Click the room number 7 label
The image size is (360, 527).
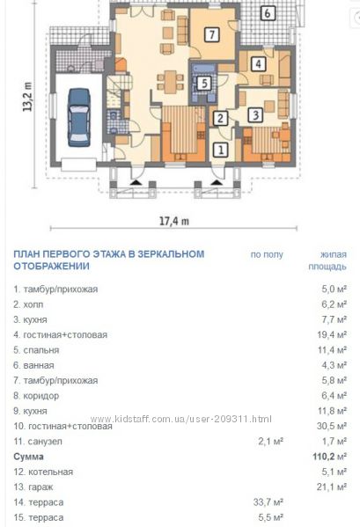(x=212, y=34)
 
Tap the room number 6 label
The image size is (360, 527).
(x=268, y=13)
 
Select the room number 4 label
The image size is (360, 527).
(x=258, y=64)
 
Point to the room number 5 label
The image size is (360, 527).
(x=204, y=83)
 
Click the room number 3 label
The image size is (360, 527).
(x=256, y=115)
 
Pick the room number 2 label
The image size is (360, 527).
(x=221, y=118)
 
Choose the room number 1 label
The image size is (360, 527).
(x=221, y=150)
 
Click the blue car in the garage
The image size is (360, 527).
(x=79, y=117)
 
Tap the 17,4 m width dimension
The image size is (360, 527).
(x=174, y=221)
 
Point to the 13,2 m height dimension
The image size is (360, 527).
(x=27, y=97)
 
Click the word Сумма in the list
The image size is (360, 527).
(x=28, y=457)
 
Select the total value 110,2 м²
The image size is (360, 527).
(x=330, y=456)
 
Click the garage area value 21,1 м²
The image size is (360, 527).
(x=332, y=487)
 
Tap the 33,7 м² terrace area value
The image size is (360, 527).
(x=268, y=502)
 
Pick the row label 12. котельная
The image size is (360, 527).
(x=43, y=472)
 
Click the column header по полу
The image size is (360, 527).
(x=267, y=254)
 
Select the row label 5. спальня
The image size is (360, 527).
(x=36, y=350)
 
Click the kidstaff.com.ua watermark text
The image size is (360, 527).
(x=180, y=419)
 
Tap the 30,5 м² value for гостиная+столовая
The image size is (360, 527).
(x=332, y=426)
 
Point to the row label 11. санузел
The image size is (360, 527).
(x=38, y=442)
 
